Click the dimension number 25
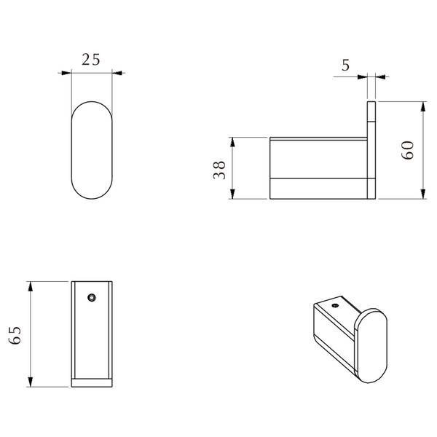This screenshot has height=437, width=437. click(x=90, y=60)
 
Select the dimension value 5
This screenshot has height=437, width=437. click(x=345, y=66)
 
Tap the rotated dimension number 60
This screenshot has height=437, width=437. click(x=407, y=150)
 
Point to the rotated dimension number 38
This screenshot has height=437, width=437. click(x=219, y=170)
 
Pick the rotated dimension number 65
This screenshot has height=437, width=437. click(x=15, y=335)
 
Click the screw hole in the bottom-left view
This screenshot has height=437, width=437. click(x=92, y=298)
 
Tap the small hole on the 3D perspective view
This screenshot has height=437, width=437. click(x=335, y=305)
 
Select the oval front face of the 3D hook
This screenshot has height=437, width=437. click(x=371, y=345)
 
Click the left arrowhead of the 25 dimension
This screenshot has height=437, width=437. click(x=66, y=73)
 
